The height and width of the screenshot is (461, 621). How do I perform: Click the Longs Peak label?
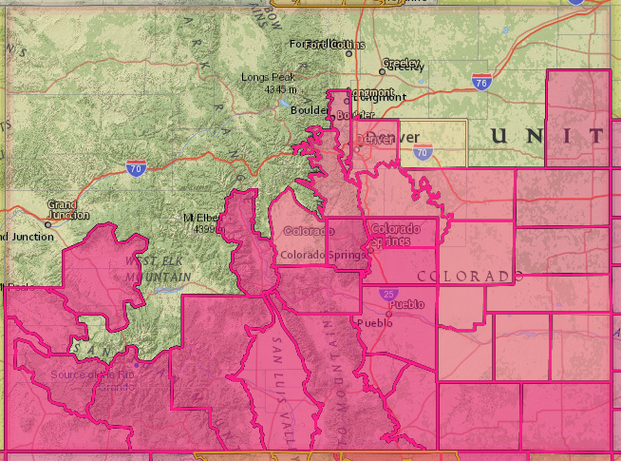(269, 77)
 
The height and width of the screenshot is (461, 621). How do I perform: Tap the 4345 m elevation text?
(281, 89)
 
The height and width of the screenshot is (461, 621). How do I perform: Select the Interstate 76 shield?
(482, 82)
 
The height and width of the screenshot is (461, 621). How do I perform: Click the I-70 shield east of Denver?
(423, 150)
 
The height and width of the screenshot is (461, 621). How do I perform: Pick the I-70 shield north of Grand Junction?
(135, 168)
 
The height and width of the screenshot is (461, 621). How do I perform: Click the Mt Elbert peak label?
(201, 219)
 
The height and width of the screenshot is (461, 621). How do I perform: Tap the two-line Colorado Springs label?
(396, 235)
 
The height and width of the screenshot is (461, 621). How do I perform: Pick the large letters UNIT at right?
(548, 136)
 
